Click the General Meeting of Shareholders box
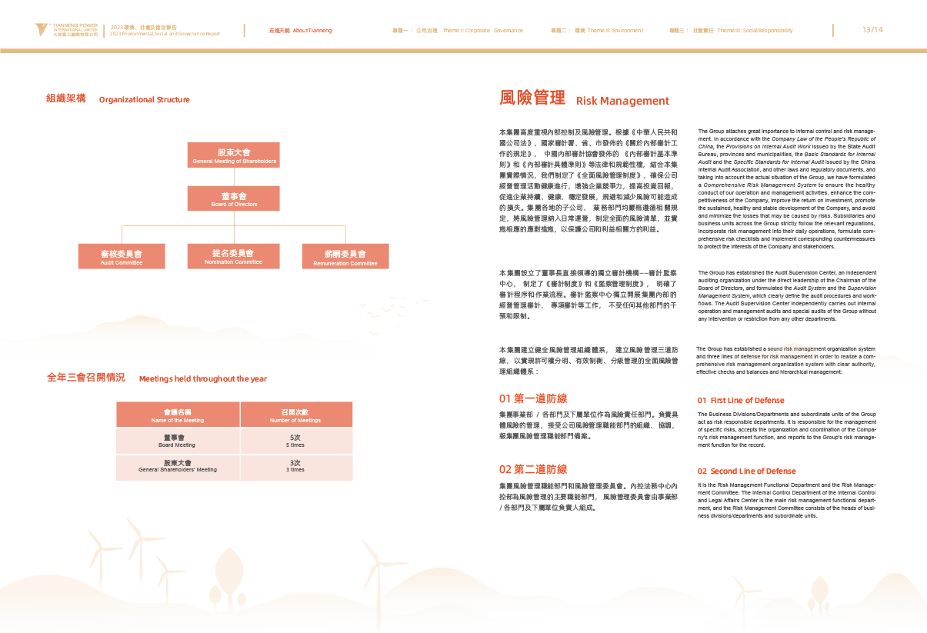[x=234, y=155]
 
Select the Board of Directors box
[x=234, y=198]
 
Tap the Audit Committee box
[x=122, y=256]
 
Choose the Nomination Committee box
[x=233, y=256]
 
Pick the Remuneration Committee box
[x=345, y=256]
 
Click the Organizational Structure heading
[x=118, y=99]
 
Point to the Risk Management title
[x=584, y=100]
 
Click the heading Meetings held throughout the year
[x=157, y=378]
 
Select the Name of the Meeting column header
[x=178, y=415]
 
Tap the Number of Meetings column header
[x=295, y=415]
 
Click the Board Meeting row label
[x=177, y=441]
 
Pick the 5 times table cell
[x=295, y=441]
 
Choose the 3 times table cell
[x=295, y=465]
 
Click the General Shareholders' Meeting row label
[x=178, y=465]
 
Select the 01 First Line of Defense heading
[x=741, y=401]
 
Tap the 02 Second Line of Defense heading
[x=746, y=471]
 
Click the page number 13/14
[x=872, y=30]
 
